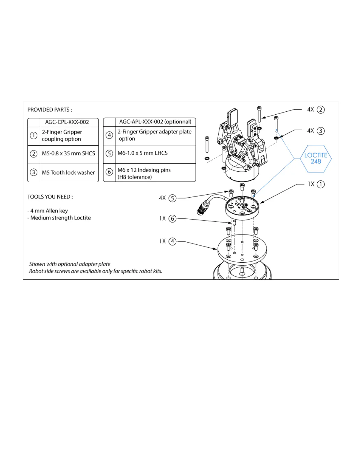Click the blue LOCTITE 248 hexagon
pyautogui.click(x=316, y=159)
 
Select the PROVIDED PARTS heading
pyautogui.click(x=50, y=110)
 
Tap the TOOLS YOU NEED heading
pyautogui.click(x=50, y=197)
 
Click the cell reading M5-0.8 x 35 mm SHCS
pyautogui.click(x=69, y=154)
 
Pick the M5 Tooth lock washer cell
pyautogui.click(x=68, y=173)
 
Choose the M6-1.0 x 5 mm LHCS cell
pyautogui.click(x=143, y=153)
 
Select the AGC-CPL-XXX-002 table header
pyautogui.click(x=67, y=122)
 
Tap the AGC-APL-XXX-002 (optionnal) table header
pyautogui.click(x=155, y=122)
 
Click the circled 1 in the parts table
pyautogui.click(x=33, y=136)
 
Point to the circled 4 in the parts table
pyautogui.click(x=109, y=135)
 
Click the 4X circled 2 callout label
pyautogui.click(x=316, y=110)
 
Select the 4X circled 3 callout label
pyautogui.click(x=316, y=131)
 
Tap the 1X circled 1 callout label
pyautogui.click(x=316, y=184)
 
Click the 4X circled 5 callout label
pyautogui.click(x=168, y=198)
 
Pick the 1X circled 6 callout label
pyautogui.click(x=168, y=219)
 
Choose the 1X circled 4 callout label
pyautogui.click(x=168, y=241)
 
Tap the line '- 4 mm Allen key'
pyautogui.click(x=48, y=211)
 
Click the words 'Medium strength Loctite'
pyautogui.click(x=60, y=218)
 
